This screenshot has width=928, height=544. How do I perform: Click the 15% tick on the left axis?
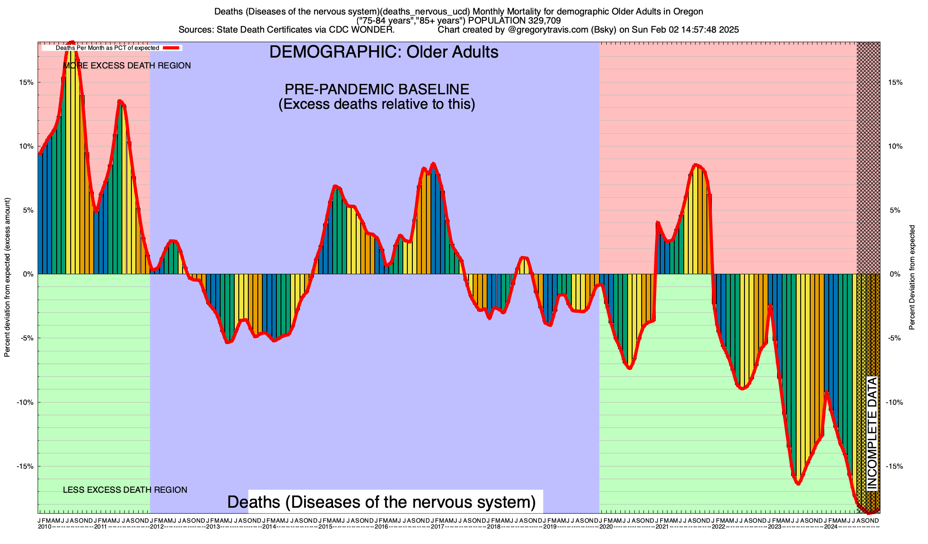pyautogui.click(x=27, y=83)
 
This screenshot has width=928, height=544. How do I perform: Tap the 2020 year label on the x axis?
pyautogui.click(x=606, y=527)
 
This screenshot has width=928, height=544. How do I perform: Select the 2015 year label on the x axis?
pyautogui.click(x=325, y=527)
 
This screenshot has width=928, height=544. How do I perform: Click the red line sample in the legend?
pyautogui.click(x=172, y=48)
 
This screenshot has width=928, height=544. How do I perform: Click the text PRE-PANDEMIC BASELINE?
pyautogui.click(x=377, y=89)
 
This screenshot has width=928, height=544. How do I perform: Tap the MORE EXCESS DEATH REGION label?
pyautogui.click(x=127, y=66)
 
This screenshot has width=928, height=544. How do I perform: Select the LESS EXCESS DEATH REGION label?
pyautogui.click(x=125, y=490)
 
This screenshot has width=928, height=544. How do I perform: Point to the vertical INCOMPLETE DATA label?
pyautogui.click(x=872, y=433)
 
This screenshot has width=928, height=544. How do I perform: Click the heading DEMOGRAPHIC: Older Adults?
pyautogui.click(x=384, y=52)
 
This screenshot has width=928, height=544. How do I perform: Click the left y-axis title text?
pyautogui.click(x=7, y=277)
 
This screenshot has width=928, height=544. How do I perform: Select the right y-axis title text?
pyautogui.click(x=912, y=277)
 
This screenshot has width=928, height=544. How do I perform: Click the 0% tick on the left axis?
pyautogui.click(x=28, y=274)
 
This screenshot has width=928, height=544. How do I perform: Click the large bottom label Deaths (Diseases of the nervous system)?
pyautogui.click(x=381, y=502)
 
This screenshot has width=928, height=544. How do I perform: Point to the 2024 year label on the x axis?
pyautogui.click(x=831, y=527)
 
